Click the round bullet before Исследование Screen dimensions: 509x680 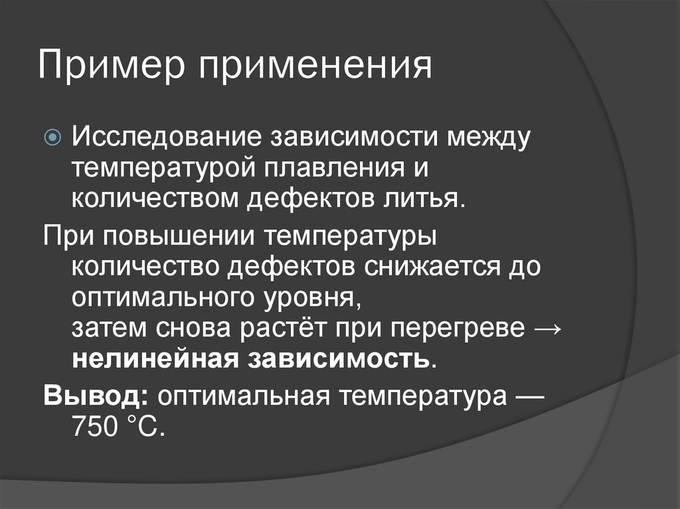coord(54,138)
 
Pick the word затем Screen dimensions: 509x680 coord(110,328)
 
